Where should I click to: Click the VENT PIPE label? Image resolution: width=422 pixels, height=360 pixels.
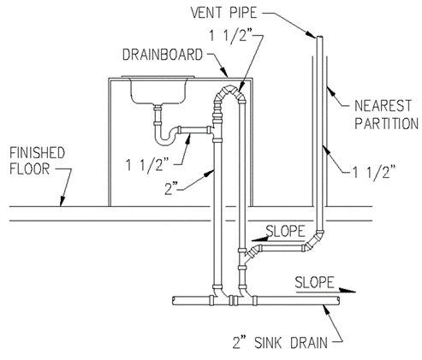point(224,13)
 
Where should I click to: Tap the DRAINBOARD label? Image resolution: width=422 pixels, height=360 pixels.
point(163,55)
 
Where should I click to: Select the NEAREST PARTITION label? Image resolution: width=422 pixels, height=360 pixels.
point(386,115)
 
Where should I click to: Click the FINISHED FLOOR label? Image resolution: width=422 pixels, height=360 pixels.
point(38,161)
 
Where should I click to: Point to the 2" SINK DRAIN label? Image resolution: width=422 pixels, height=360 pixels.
point(280,343)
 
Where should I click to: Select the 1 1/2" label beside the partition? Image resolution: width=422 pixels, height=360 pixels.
point(375,172)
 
